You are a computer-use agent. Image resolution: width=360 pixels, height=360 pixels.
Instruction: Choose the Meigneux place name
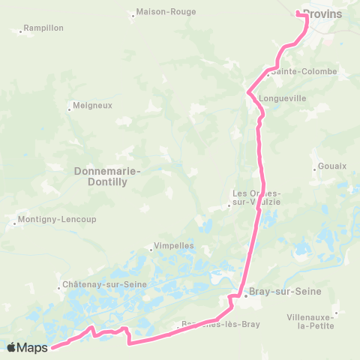(92, 106)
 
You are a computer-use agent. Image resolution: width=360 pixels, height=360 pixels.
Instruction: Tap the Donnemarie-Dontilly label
(108, 175)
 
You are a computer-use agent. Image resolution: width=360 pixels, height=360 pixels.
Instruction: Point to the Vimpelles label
(173, 245)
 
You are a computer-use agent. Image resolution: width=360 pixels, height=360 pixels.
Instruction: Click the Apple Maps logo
(28, 347)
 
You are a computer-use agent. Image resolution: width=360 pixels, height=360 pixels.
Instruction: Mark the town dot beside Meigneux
(69, 110)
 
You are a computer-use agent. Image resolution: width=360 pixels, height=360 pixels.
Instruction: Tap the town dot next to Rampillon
(21, 32)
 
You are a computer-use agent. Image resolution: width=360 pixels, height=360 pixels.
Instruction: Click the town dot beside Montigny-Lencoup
(15, 223)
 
